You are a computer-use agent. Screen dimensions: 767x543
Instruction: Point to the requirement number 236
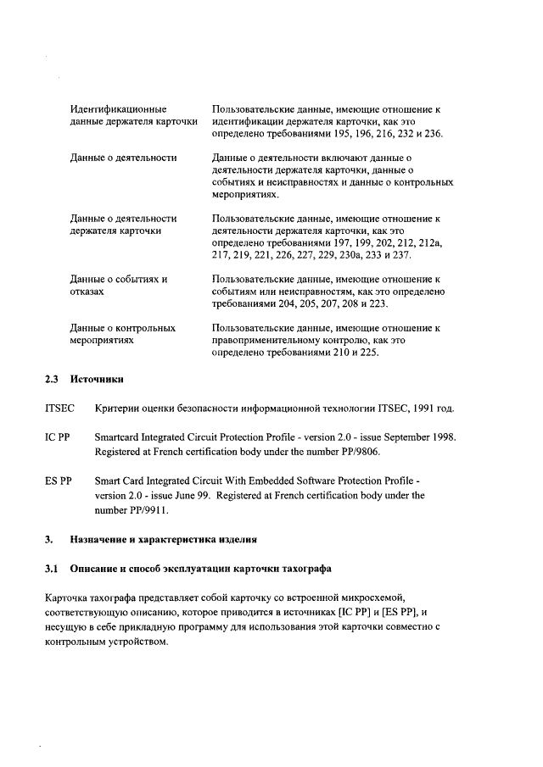pos(432,134)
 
